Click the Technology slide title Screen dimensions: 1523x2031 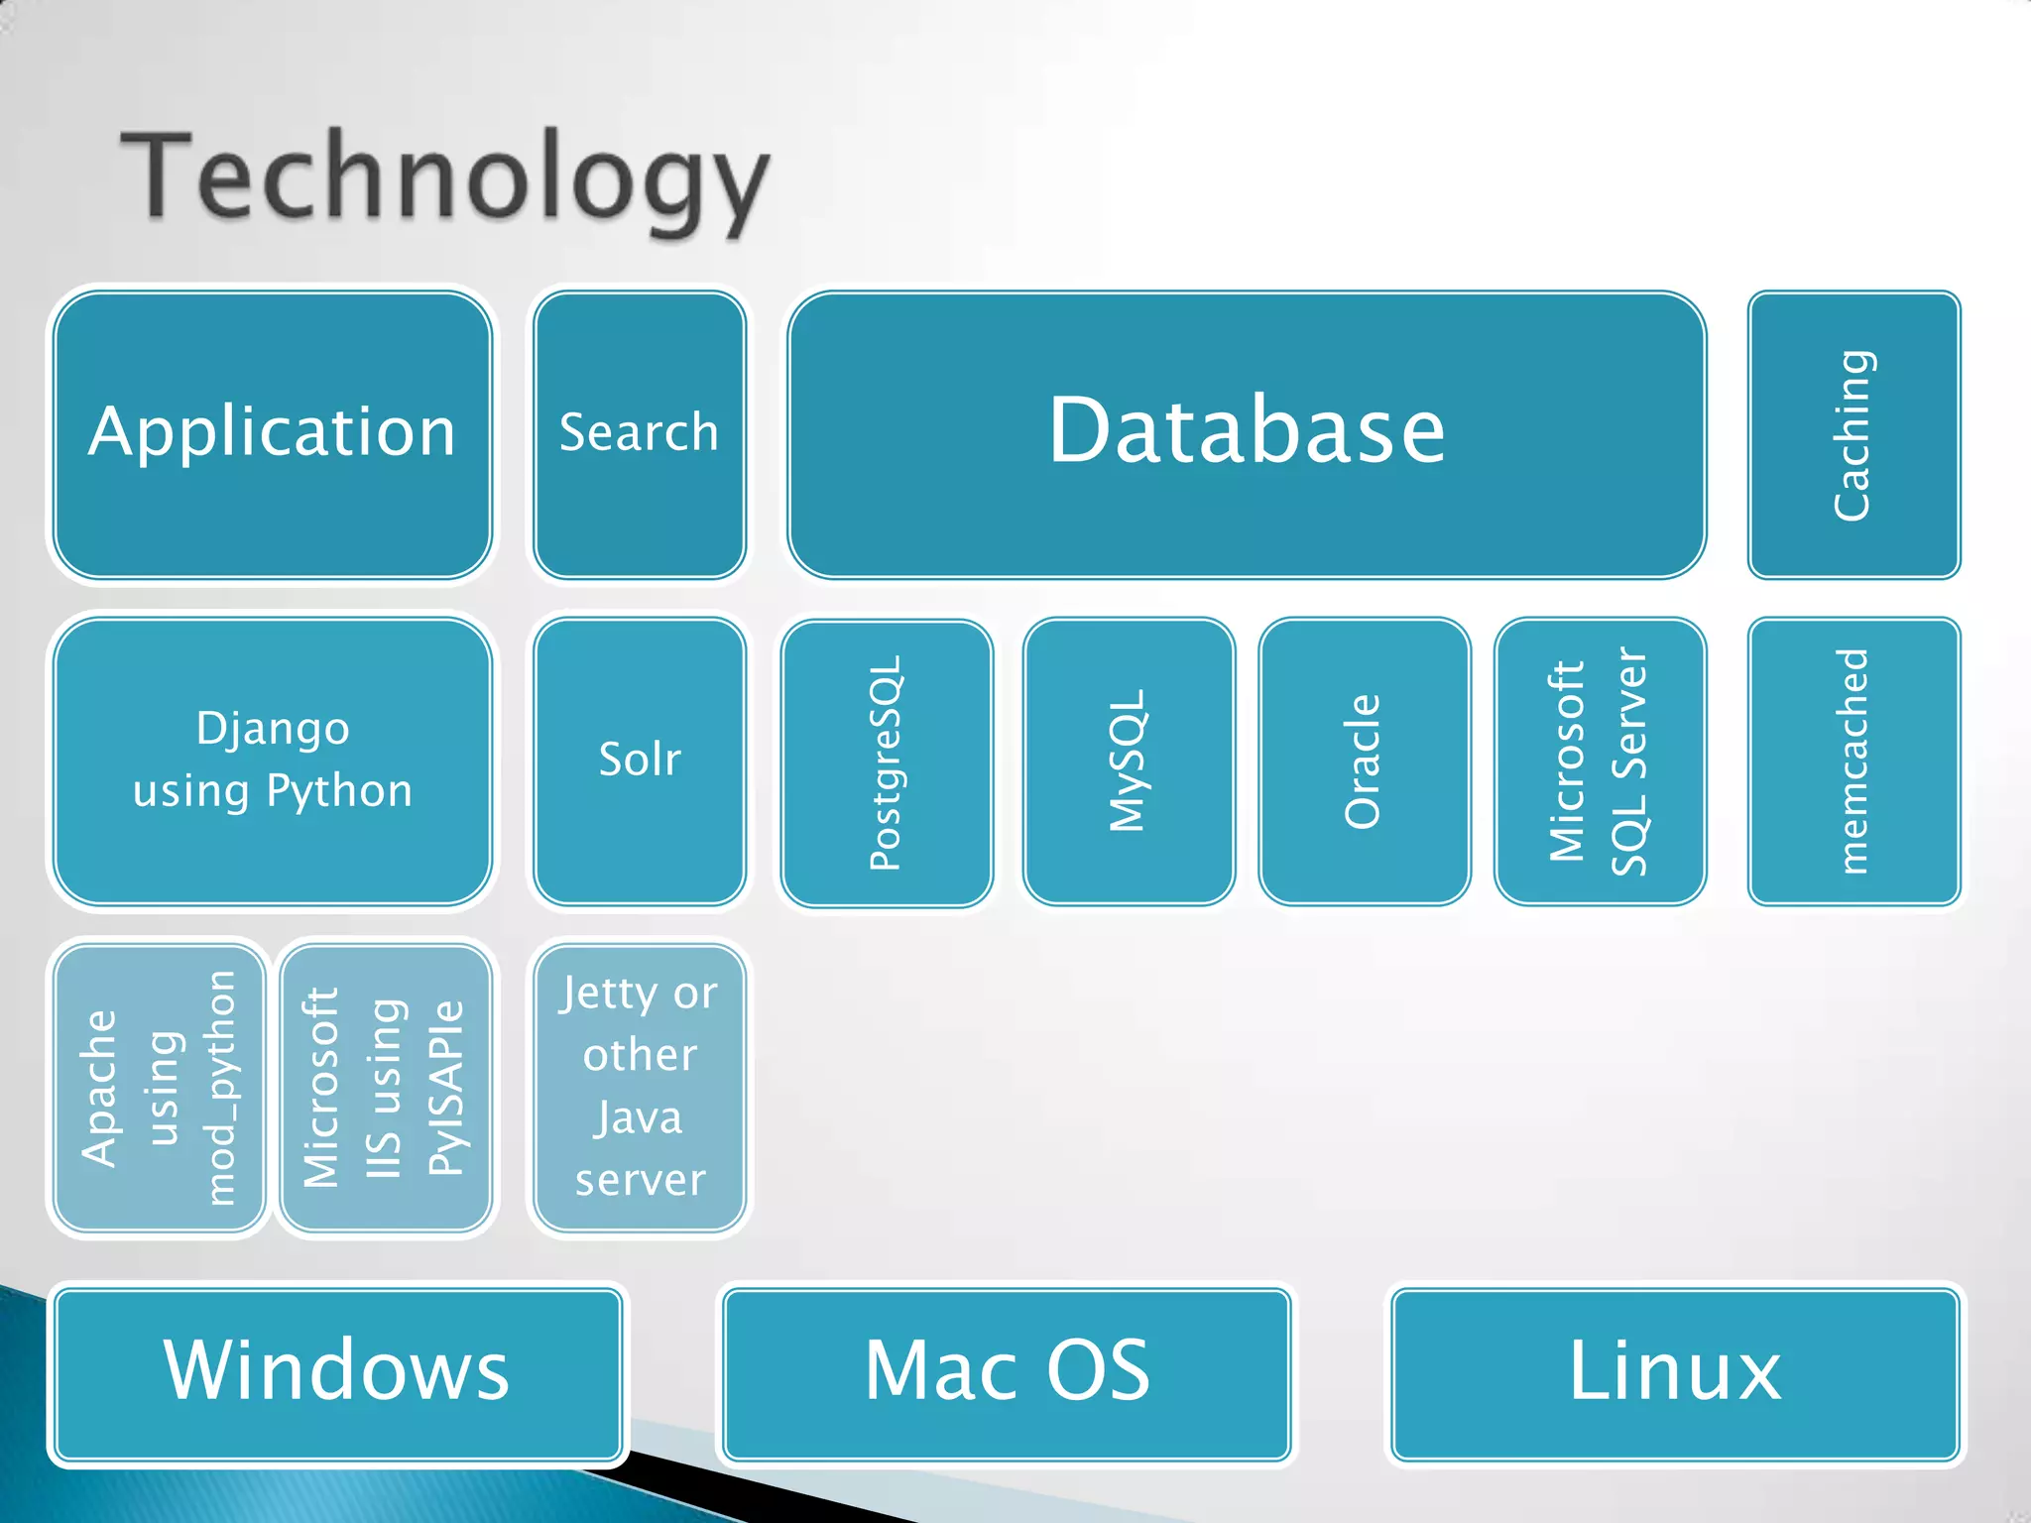pyautogui.click(x=444, y=178)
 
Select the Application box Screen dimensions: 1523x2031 pyautogui.click(x=273, y=434)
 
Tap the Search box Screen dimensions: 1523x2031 pyautogui.click(x=639, y=434)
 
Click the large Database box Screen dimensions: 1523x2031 pyautogui.click(x=1247, y=434)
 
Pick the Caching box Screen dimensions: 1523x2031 pyautogui.click(x=1852, y=434)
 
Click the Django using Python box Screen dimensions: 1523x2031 pyautogui.click(x=273, y=761)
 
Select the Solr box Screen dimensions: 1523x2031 pyautogui.click(x=639, y=761)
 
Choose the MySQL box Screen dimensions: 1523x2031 pyautogui.click(x=1129, y=761)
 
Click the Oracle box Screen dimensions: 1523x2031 pyautogui.click(x=1364, y=761)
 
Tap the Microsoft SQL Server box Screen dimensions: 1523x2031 pyautogui.click(x=1599, y=761)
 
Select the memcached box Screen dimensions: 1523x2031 pyautogui.click(x=1852, y=761)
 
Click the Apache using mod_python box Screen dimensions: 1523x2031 pyautogui.click(x=160, y=1088)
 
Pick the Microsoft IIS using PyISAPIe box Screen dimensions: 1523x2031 pyautogui.click(x=385, y=1088)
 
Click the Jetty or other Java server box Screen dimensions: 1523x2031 pyautogui.click(x=639, y=1088)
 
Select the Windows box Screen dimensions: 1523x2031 pyautogui.click(x=337, y=1373)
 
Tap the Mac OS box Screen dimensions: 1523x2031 pyautogui.click(x=1007, y=1373)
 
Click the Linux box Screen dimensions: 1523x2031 pyautogui.click(x=1675, y=1373)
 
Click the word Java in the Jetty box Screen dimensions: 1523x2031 pyautogui.click(x=639, y=1118)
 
